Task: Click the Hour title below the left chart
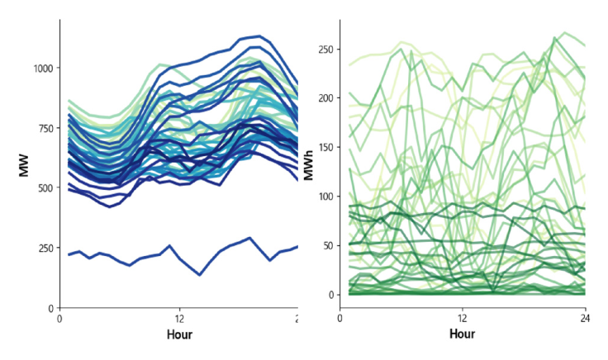[179, 334]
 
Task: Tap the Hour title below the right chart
[463, 334]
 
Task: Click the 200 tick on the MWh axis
[326, 98]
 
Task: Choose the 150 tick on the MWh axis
[326, 147]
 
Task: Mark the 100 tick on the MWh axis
[326, 197]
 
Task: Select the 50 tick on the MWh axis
[329, 245]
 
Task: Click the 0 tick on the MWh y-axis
[331, 295]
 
